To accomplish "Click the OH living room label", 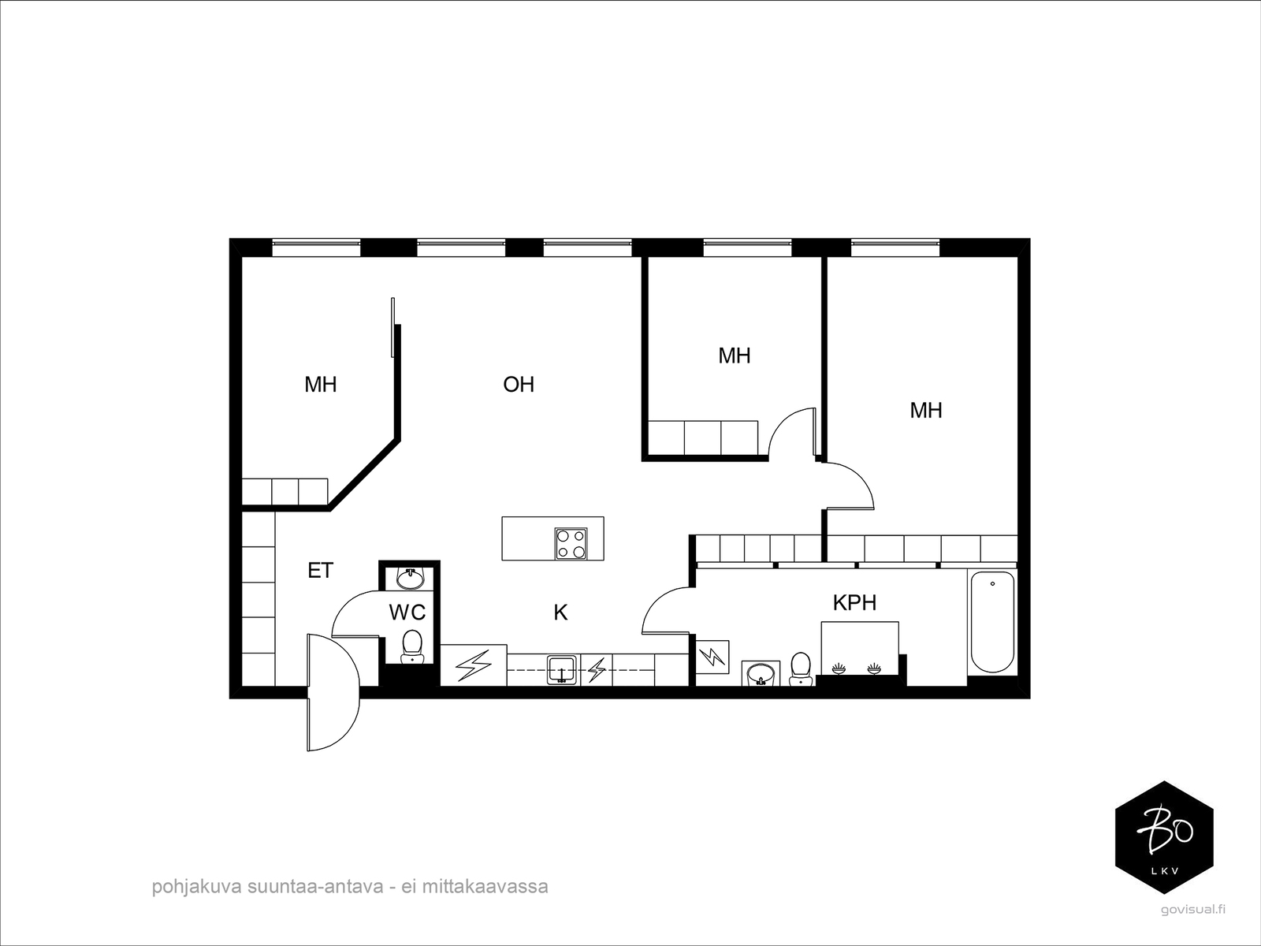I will coord(519,384).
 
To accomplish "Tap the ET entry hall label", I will coord(320,570).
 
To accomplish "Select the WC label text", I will coord(407,612).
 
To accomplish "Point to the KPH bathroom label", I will coord(854,603).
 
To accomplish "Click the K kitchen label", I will coord(560,613).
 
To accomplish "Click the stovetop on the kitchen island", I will coord(571,543).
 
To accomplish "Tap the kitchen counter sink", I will coord(562,669).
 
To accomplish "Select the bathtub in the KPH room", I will coord(991,623).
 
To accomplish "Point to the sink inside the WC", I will coord(411,579).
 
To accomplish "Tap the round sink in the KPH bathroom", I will coord(761,674).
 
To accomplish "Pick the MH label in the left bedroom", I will coord(321,384).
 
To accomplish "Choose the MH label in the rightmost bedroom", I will coord(926,410).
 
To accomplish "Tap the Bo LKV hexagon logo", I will coord(1164,838).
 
